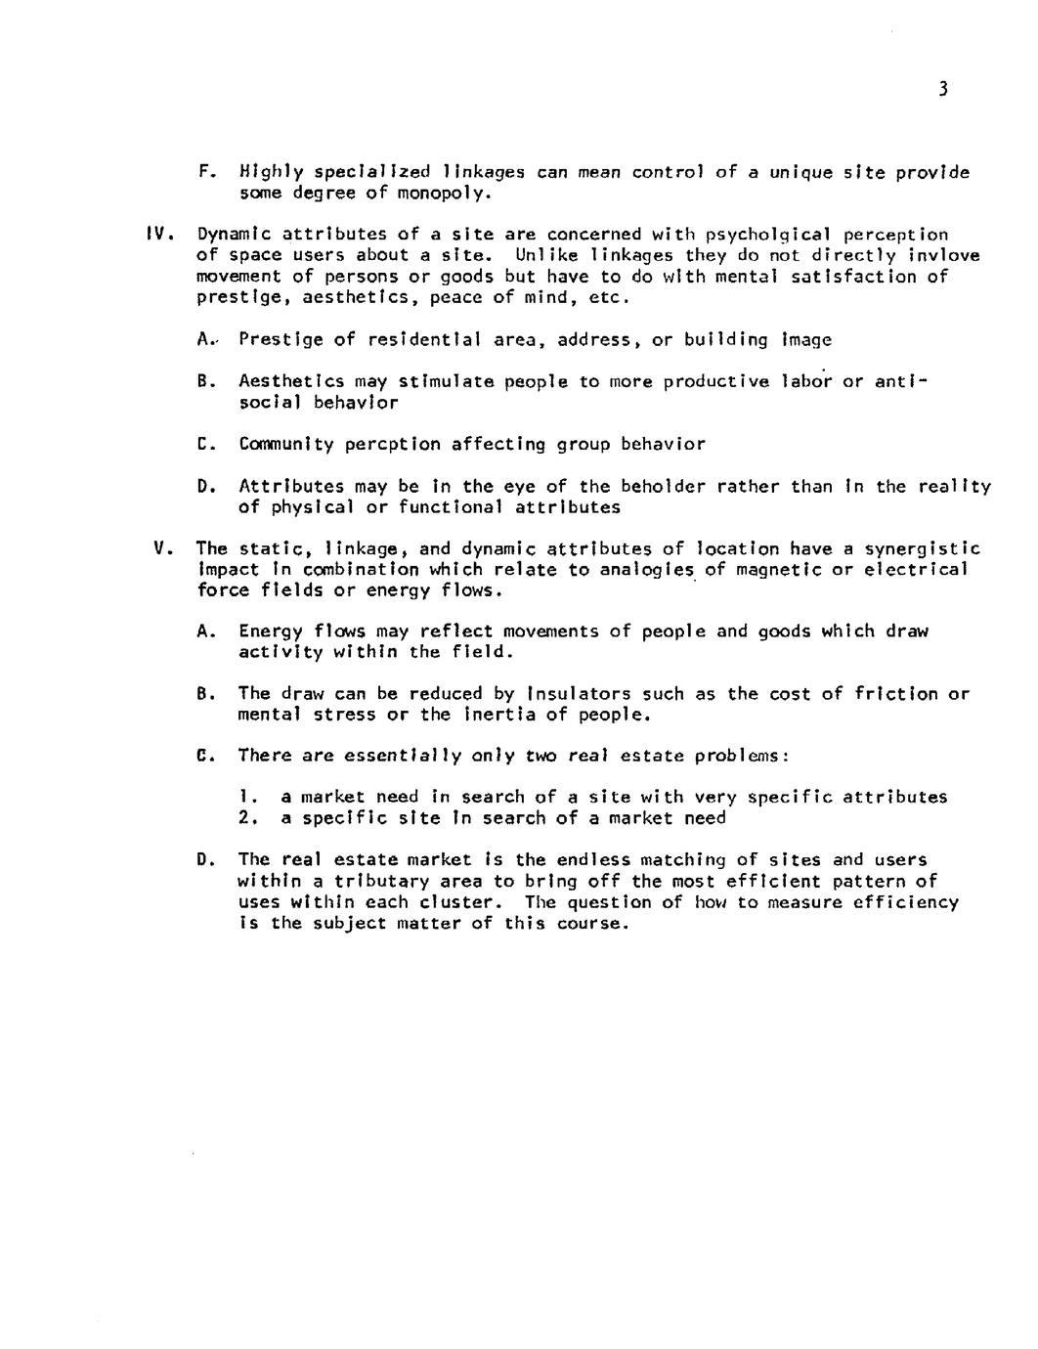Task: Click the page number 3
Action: click(x=942, y=90)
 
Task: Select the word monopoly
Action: click(x=441, y=194)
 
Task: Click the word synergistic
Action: click(x=922, y=549)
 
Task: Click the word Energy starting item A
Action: click(x=271, y=631)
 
